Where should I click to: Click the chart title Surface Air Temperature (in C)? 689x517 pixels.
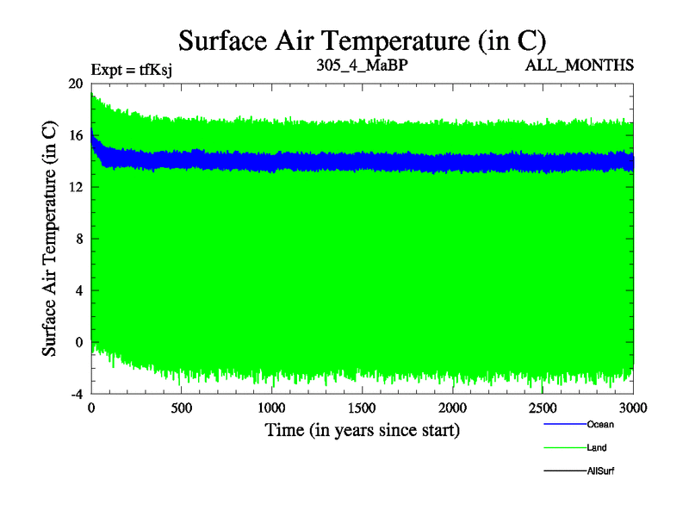tap(362, 40)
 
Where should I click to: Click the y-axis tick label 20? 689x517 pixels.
tap(75, 84)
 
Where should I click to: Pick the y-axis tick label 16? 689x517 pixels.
tap(75, 135)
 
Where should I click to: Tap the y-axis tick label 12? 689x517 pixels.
tap(75, 187)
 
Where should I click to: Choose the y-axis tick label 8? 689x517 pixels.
tap(78, 239)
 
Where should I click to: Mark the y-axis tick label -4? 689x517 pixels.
tap(75, 394)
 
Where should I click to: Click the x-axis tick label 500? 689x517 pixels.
tap(181, 408)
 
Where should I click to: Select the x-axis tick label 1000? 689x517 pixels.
tap(271, 408)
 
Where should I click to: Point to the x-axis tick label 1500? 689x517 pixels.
tap(362, 408)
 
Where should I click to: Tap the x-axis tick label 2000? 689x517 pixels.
tap(452, 408)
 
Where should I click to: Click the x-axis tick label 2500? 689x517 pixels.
tap(543, 408)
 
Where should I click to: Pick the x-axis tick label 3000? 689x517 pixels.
tap(632, 408)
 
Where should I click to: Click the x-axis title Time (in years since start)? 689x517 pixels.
tap(361, 429)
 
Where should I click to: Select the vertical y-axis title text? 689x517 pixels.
tap(49, 239)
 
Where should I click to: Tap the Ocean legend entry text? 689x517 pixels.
tap(600, 424)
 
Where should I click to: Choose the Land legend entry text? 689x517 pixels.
tap(597, 447)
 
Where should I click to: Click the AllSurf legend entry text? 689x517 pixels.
tap(600, 470)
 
